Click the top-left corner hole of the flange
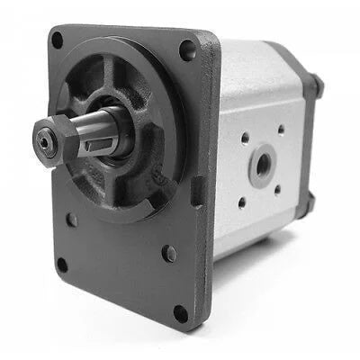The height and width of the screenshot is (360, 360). (x=57, y=40)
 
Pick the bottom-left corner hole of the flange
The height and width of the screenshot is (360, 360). (x=61, y=265)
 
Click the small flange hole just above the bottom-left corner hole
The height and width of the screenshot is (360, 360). (x=71, y=219)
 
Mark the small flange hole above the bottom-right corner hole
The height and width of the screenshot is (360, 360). (x=169, y=254)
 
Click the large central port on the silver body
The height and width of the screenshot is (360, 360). (x=263, y=164)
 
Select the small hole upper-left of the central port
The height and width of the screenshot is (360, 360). (x=245, y=139)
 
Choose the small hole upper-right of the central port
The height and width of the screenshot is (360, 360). (x=279, y=130)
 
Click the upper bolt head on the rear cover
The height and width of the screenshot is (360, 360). (x=315, y=85)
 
